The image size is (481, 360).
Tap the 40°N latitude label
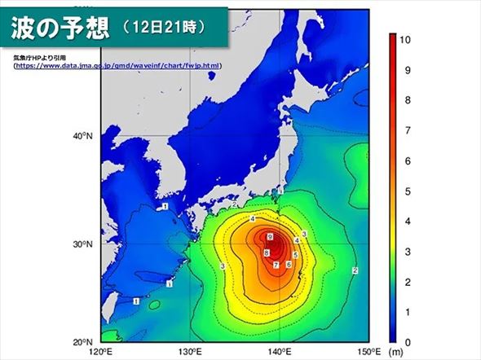coord(84,136)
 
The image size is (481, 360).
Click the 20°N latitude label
coord(84,342)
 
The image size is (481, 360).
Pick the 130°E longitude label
coord(190,351)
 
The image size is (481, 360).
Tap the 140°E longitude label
coord(280,351)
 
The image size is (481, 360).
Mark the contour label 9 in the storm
coord(269,236)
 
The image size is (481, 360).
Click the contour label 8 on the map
coord(266,253)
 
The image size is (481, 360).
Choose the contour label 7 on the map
coord(276,266)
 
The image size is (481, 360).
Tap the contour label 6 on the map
coord(289,266)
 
